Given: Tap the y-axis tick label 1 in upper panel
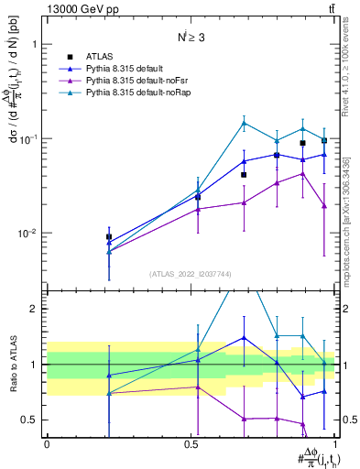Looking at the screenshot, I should [33, 44].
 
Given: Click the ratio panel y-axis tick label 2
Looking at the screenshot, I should [34, 309].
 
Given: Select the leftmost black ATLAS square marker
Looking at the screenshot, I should [109, 237].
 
